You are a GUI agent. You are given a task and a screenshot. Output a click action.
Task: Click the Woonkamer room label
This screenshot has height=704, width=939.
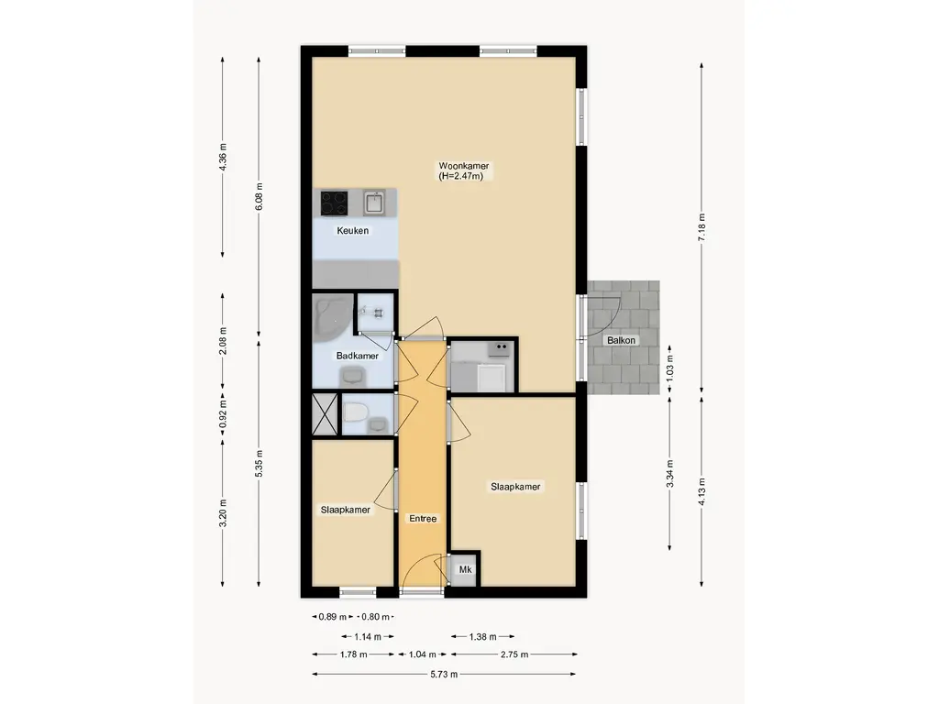click(x=463, y=166)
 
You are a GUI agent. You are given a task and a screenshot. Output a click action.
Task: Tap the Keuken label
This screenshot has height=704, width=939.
click(x=353, y=230)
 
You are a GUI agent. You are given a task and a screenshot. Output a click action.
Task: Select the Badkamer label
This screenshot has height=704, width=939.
click(x=358, y=356)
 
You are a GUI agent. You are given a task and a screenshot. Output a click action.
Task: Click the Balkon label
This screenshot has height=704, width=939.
click(x=621, y=340)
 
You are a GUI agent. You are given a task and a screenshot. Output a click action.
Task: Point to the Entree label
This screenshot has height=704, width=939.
click(x=423, y=519)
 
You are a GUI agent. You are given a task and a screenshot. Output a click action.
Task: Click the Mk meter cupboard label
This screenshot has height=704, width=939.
click(x=465, y=569)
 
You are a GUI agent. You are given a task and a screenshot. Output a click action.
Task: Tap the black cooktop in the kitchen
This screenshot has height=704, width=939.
click(x=334, y=203)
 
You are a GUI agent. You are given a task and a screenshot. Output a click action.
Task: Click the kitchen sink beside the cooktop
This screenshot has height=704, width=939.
click(x=375, y=203)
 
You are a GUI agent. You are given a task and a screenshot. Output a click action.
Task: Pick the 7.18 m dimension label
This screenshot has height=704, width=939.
click(x=701, y=227)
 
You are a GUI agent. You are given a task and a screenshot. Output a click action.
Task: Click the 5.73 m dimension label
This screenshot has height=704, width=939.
click(x=444, y=674)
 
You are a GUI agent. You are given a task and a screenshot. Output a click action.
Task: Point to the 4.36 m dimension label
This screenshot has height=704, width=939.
click(x=223, y=158)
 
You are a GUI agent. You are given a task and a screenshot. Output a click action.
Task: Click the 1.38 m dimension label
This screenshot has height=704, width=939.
click(x=482, y=636)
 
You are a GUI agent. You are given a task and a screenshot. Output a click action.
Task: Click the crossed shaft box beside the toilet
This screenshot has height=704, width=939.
click(x=326, y=413)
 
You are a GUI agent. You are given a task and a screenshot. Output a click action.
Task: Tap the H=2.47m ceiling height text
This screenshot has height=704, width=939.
click(x=460, y=176)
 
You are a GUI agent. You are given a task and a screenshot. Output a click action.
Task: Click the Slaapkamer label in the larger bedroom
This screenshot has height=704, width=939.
click(x=515, y=487)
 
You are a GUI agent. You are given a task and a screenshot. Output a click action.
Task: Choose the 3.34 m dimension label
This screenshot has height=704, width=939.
click(x=670, y=474)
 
